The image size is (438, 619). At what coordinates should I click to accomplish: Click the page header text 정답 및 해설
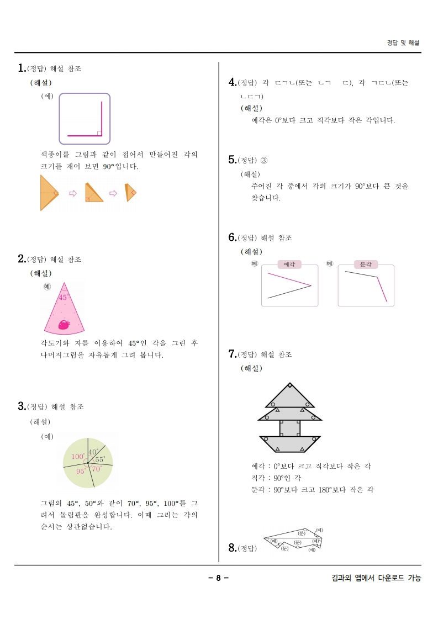[403, 43]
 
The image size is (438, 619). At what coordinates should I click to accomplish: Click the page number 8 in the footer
[218, 578]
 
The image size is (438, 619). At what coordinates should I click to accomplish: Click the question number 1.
[22, 68]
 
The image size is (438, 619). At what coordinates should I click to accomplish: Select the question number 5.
[232, 160]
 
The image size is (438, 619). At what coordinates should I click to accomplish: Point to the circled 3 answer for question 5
[263, 161]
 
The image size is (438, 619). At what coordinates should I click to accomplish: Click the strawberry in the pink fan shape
[64, 325]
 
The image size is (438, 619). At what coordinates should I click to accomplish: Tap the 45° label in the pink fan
[63, 297]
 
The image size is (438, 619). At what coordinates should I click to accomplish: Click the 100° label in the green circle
[78, 457]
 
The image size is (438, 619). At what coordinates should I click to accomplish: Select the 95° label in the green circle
[81, 471]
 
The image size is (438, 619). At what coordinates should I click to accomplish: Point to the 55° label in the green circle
[99, 459]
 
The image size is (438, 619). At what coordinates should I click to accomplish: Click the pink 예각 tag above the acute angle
[289, 264]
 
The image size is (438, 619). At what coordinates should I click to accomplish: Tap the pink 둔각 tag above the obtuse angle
[366, 264]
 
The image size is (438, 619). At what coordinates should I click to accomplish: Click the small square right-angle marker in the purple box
[99, 133]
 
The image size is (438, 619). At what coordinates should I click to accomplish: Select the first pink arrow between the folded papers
[72, 193]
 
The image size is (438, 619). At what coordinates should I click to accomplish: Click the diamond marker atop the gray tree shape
[290, 386]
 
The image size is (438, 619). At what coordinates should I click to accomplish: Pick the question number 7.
[232, 354]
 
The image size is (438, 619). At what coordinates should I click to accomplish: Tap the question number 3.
[22, 406]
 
